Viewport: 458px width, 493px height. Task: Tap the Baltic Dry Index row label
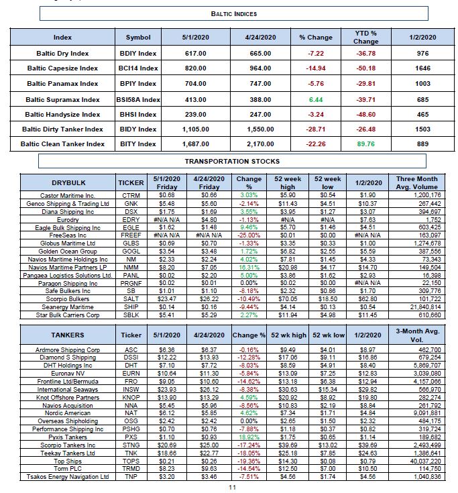[62, 52]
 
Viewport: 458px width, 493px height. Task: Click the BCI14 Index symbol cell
[138, 68]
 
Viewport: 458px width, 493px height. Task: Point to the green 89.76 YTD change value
[365, 143]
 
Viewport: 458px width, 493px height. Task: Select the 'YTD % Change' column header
[365, 37]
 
